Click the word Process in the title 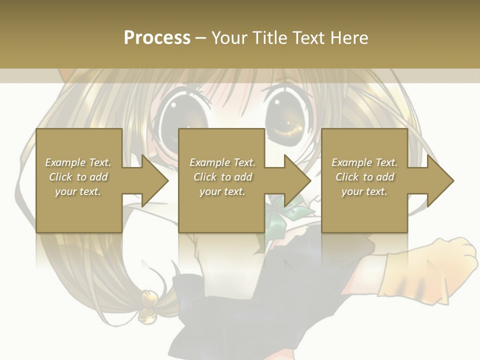point(157,38)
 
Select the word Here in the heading point(348,38)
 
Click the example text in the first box point(78,177)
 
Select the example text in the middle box point(222,177)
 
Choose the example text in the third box point(364,177)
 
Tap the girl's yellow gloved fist point(452,265)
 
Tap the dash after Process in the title point(200,38)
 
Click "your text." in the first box point(78,191)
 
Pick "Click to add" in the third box point(364,177)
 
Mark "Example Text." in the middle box point(222,162)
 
